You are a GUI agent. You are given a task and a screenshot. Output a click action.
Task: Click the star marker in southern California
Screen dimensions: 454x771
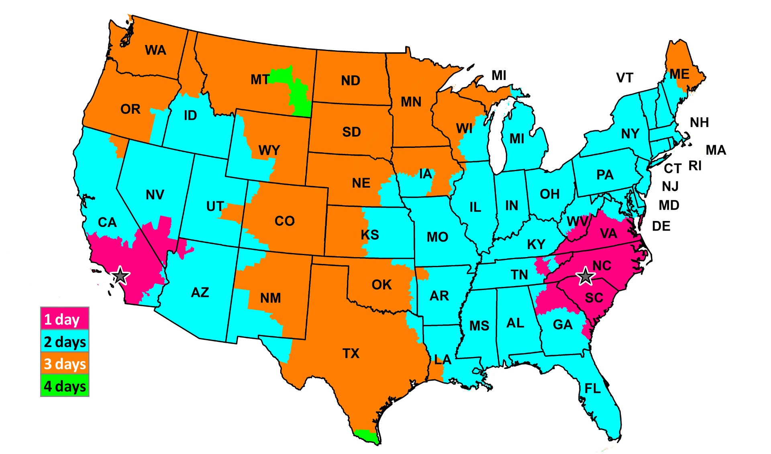pyautogui.click(x=120, y=276)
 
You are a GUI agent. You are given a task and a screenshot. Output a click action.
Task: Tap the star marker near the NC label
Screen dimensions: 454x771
pyautogui.click(x=585, y=276)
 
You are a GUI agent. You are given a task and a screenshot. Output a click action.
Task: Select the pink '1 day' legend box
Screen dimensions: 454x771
pyautogui.click(x=65, y=319)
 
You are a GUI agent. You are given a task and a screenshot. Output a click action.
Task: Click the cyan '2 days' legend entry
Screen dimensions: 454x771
pyautogui.click(x=65, y=342)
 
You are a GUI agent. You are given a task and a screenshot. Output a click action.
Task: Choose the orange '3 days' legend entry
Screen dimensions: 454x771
pyautogui.click(x=65, y=364)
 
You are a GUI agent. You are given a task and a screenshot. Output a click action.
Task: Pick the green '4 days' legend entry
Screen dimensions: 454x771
pyautogui.click(x=65, y=386)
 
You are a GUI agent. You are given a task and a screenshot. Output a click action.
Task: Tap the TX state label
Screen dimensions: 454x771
pyautogui.click(x=351, y=354)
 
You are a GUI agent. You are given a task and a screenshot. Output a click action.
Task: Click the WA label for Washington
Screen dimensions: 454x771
pyautogui.click(x=155, y=50)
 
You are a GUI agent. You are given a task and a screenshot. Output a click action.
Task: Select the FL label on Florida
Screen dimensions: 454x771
pyautogui.click(x=593, y=389)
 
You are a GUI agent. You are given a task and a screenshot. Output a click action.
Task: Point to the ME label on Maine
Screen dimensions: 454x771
pyautogui.click(x=679, y=74)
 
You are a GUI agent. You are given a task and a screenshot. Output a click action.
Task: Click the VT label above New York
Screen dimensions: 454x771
pyautogui.click(x=624, y=78)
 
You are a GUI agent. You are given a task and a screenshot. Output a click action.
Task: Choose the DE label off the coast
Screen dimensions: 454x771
pyautogui.click(x=661, y=226)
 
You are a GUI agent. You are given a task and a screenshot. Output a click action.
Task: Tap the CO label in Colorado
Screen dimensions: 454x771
pyautogui.click(x=284, y=221)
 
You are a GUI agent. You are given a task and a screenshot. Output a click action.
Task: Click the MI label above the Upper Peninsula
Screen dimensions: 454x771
pyautogui.click(x=499, y=75)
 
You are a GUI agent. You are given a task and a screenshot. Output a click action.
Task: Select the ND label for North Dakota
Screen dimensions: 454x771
pyautogui.click(x=351, y=80)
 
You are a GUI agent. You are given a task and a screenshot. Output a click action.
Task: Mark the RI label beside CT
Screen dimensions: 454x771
pyautogui.click(x=695, y=166)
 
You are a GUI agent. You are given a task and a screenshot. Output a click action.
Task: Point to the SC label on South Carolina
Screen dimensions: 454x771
pyautogui.click(x=594, y=298)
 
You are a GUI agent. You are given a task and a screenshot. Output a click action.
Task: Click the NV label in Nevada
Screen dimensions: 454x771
pyautogui.click(x=155, y=195)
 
